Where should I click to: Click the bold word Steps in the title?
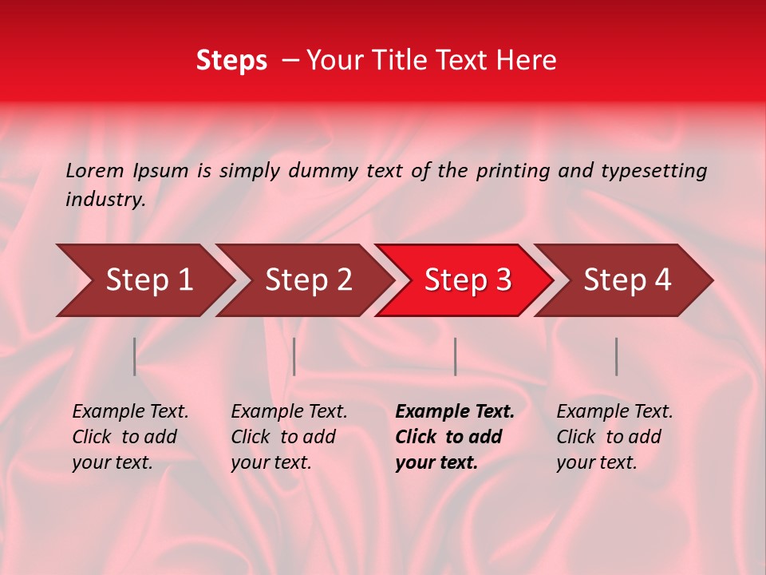click(x=231, y=61)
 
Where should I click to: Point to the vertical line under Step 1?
click(x=135, y=356)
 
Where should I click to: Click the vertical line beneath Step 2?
click(x=294, y=356)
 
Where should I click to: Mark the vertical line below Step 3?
click(x=455, y=356)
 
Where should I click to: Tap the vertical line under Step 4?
click(x=617, y=356)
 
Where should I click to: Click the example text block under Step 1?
click(x=130, y=437)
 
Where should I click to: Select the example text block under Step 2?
click(x=289, y=437)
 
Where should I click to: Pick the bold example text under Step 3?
click(x=455, y=437)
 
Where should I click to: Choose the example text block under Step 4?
click(x=614, y=437)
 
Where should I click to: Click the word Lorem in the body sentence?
click(x=95, y=171)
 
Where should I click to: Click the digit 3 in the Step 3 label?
click(x=502, y=280)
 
